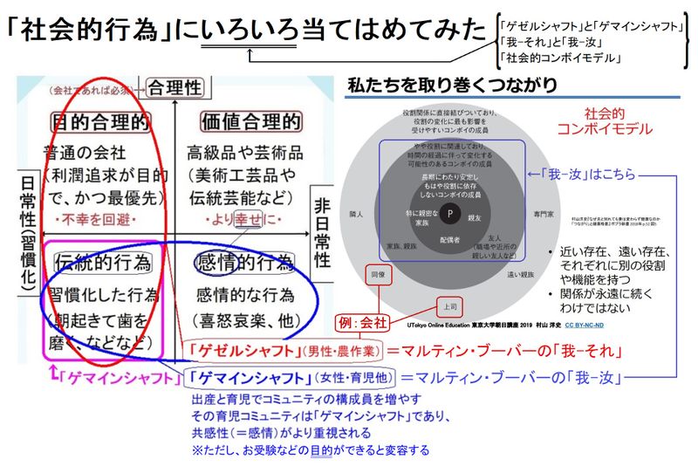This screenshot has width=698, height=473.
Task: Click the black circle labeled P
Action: pos(449,212)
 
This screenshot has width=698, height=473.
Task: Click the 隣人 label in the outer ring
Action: pos(355,212)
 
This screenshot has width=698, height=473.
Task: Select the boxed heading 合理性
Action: pos(177,87)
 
